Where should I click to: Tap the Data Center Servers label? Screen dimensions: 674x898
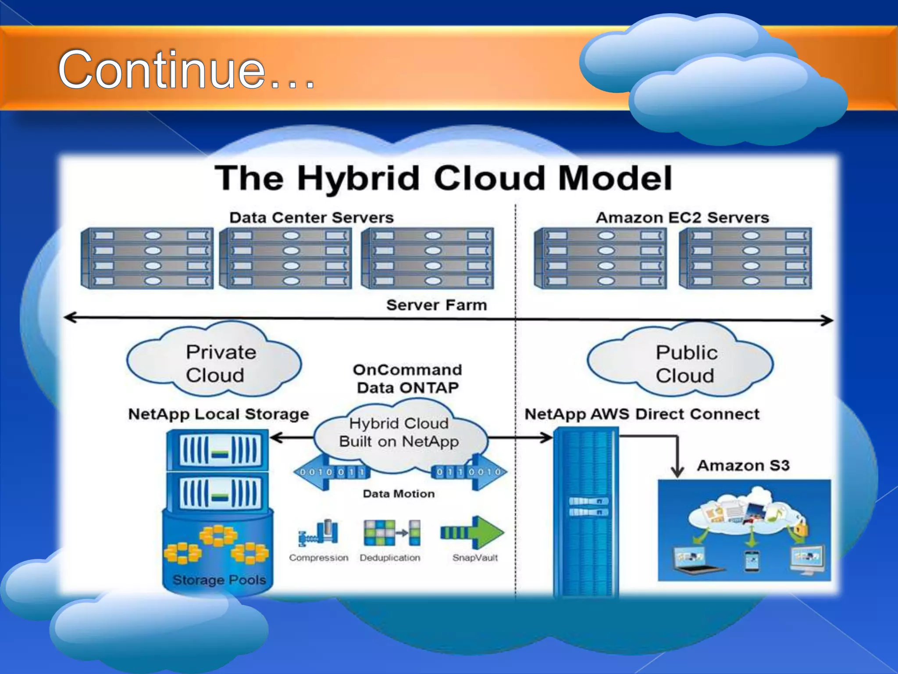tap(311, 218)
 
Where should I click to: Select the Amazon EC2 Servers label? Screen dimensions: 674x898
tap(682, 218)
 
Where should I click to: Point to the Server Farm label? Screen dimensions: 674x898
tap(436, 305)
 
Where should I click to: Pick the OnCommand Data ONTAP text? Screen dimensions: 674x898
tap(408, 378)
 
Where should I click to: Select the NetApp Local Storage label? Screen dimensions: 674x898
tap(218, 414)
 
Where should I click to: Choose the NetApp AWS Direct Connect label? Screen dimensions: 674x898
tap(642, 414)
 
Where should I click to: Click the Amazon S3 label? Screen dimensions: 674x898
tap(743, 465)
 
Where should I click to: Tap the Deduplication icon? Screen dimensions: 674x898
tap(392, 532)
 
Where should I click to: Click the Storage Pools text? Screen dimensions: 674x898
tap(219, 580)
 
